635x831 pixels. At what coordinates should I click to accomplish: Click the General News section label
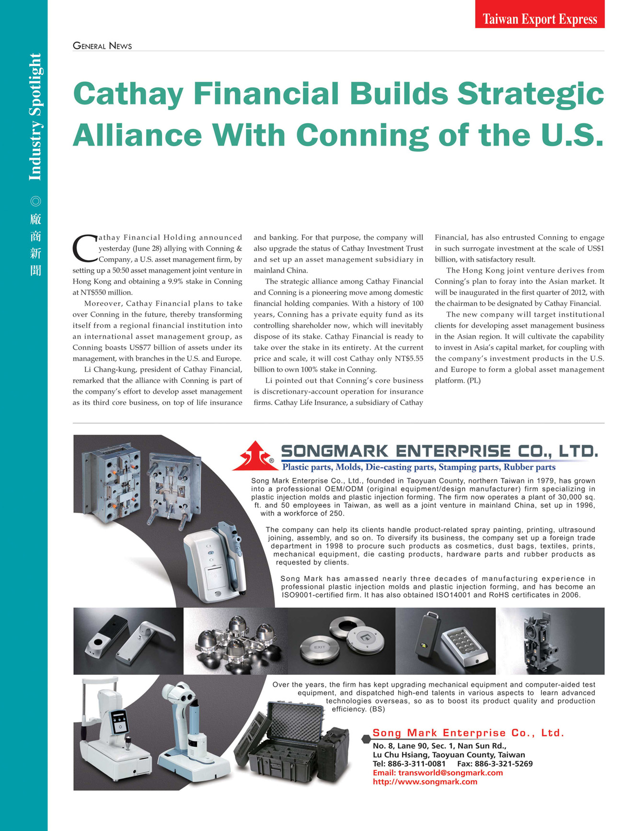click(102, 46)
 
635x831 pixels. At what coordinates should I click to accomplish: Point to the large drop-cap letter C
click(84, 248)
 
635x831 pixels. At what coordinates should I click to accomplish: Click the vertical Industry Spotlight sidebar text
click(35, 117)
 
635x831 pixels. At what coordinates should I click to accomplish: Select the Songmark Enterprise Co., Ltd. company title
click(439, 451)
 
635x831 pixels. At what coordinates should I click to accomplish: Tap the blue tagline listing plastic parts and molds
click(419, 467)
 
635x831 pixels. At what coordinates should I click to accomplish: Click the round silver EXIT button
click(319, 647)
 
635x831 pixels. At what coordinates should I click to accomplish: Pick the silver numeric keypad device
click(464, 646)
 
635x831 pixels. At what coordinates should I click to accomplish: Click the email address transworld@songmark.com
click(438, 773)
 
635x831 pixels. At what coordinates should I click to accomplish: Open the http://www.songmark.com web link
click(425, 782)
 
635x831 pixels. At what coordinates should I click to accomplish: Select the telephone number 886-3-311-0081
click(416, 763)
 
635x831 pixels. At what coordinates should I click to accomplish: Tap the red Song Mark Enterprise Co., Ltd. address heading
click(468, 733)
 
